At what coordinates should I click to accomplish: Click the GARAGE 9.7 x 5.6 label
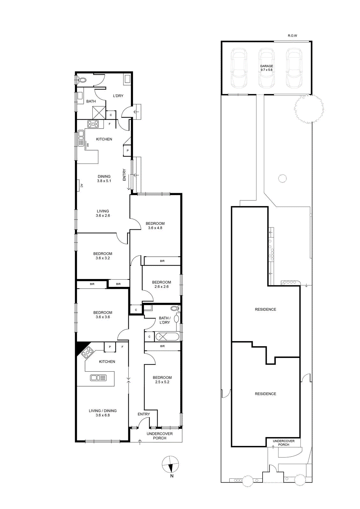point(266,68)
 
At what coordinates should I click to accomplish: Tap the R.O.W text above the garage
point(292,36)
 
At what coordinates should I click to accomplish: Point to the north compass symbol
point(170,464)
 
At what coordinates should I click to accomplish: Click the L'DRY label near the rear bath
point(118,96)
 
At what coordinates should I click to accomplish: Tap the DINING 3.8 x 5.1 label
point(104,178)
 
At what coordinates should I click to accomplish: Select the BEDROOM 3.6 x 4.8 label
point(155,226)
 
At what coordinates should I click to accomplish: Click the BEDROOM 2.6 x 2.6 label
point(161,284)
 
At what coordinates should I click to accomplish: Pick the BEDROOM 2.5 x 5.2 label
point(162,380)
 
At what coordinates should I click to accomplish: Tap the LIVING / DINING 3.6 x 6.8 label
point(103,413)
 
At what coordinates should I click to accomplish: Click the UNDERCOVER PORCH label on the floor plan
point(160,436)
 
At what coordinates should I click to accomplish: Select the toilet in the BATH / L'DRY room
point(175,308)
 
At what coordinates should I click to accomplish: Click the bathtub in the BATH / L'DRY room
point(167,337)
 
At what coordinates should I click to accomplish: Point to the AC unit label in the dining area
point(81,186)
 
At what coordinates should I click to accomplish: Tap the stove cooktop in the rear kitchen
point(93,124)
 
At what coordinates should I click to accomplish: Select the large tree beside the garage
point(309,109)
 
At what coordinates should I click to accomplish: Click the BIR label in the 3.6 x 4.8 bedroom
point(162,261)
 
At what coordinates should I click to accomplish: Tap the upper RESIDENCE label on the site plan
point(265,309)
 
